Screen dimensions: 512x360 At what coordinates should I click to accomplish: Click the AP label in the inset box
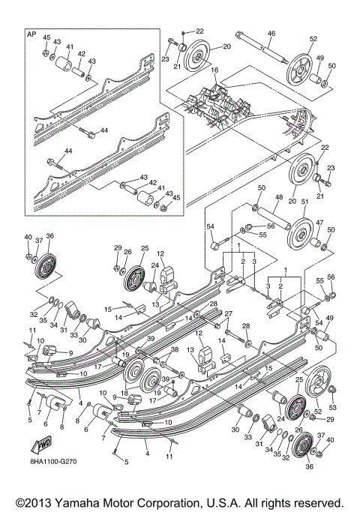pyautogui.click(x=31, y=34)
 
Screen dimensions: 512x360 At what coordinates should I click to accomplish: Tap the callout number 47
pyautogui.click(x=318, y=223)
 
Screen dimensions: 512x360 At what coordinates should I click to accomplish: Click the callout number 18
pyautogui.click(x=124, y=392)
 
